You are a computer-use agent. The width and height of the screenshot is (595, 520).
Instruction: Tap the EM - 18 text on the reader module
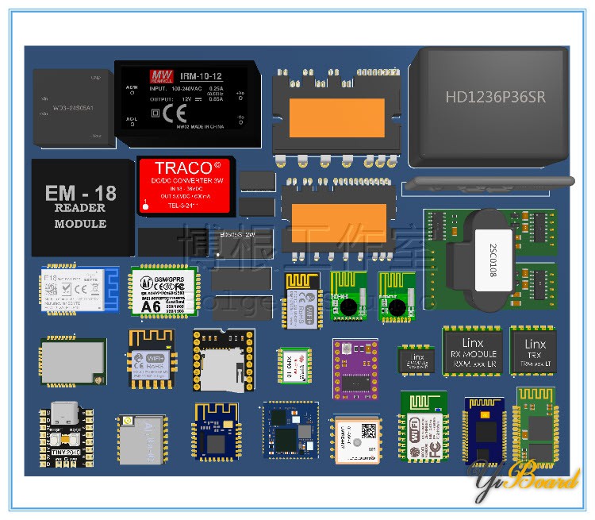[81, 193]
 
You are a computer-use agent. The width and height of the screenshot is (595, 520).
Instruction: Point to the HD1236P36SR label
[495, 97]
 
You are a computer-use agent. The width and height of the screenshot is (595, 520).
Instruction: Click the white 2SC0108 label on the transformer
[492, 261]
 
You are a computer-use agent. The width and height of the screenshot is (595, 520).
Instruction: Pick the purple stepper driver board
[356, 367]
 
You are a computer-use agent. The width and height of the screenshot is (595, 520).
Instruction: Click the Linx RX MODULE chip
[472, 350]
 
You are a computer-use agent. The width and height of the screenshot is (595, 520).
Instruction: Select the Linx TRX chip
[533, 350]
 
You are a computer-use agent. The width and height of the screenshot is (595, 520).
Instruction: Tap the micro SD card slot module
[224, 360]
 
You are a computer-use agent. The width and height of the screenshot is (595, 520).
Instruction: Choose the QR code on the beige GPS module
[369, 429]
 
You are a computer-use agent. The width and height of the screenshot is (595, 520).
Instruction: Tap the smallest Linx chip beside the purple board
[416, 359]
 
